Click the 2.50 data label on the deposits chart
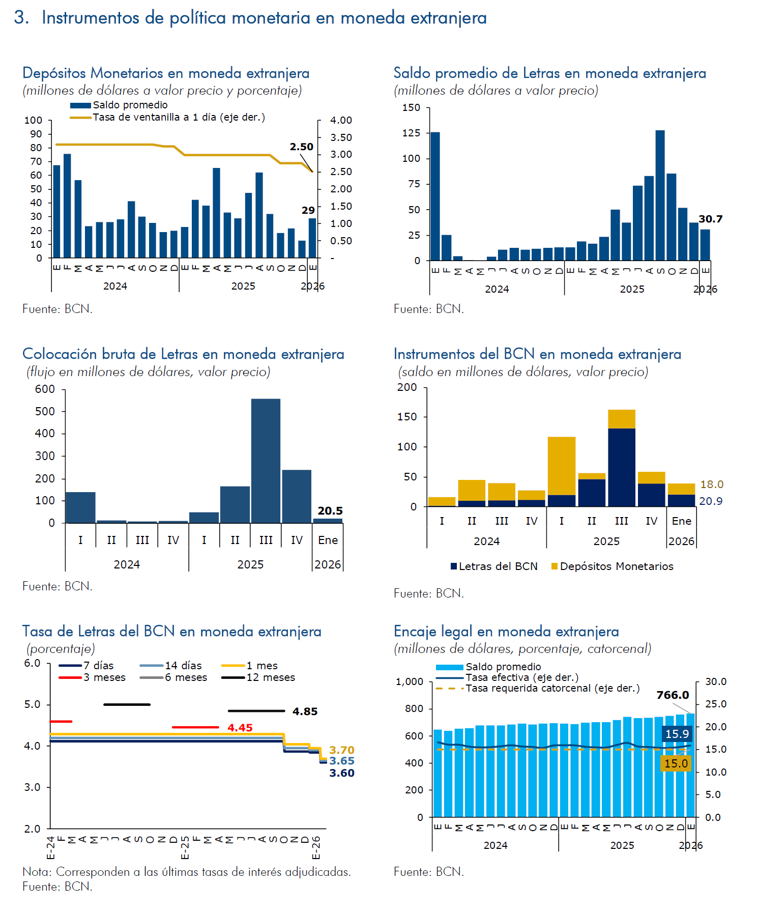pyautogui.click(x=302, y=147)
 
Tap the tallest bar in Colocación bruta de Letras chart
pyautogui.click(x=266, y=461)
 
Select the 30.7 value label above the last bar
pyautogui.click(x=710, y=219)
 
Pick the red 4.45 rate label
pyautogui.click(x=240, y=728)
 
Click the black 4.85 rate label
pyautogui.click(x=305, y=711)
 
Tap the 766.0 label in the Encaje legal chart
pyautogui.click(x=673, y=695)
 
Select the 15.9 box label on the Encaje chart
pyautogui.click(x=677, y=734)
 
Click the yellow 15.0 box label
pyautogui.click(x=676, y=763)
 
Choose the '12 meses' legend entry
pyautogui.click(x=270, y=677)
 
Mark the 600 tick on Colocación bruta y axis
pyautogui.click(x=45, y=389)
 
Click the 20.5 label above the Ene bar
pyautogui.click(x=330, y=511)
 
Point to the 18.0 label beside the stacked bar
pyautogui.click(x=712, y=484)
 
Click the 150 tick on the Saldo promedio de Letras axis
pyautogui.click(x=411, y=108)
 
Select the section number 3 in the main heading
pyautogui.click(x=20, y=18)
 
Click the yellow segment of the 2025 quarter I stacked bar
pyautogui.click(x=561, y=466)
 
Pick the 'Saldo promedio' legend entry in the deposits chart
pyautogui.click(x=130, y=105)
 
